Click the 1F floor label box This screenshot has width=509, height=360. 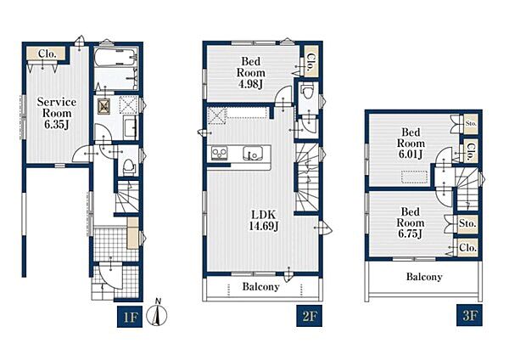coord(130,316)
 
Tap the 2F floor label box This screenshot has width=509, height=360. coord(309,316)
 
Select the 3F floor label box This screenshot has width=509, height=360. coord(469,315)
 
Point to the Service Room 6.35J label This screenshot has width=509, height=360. coord(57,113)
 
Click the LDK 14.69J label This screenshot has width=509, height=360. coord(264,220)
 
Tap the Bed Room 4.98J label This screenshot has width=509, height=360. coord(250,72)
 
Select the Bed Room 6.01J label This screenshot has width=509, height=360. coord(411,143)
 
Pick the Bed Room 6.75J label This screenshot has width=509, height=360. coord(411,223)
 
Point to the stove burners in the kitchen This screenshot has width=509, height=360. coord(220,154)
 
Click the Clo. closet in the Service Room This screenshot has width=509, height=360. coord(46,53)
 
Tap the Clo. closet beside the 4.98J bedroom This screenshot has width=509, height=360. coord(310,62)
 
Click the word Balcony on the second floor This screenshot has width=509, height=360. coord(260,287)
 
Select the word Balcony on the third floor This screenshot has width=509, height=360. coord(424,277)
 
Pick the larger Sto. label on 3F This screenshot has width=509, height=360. coord(467,224)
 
